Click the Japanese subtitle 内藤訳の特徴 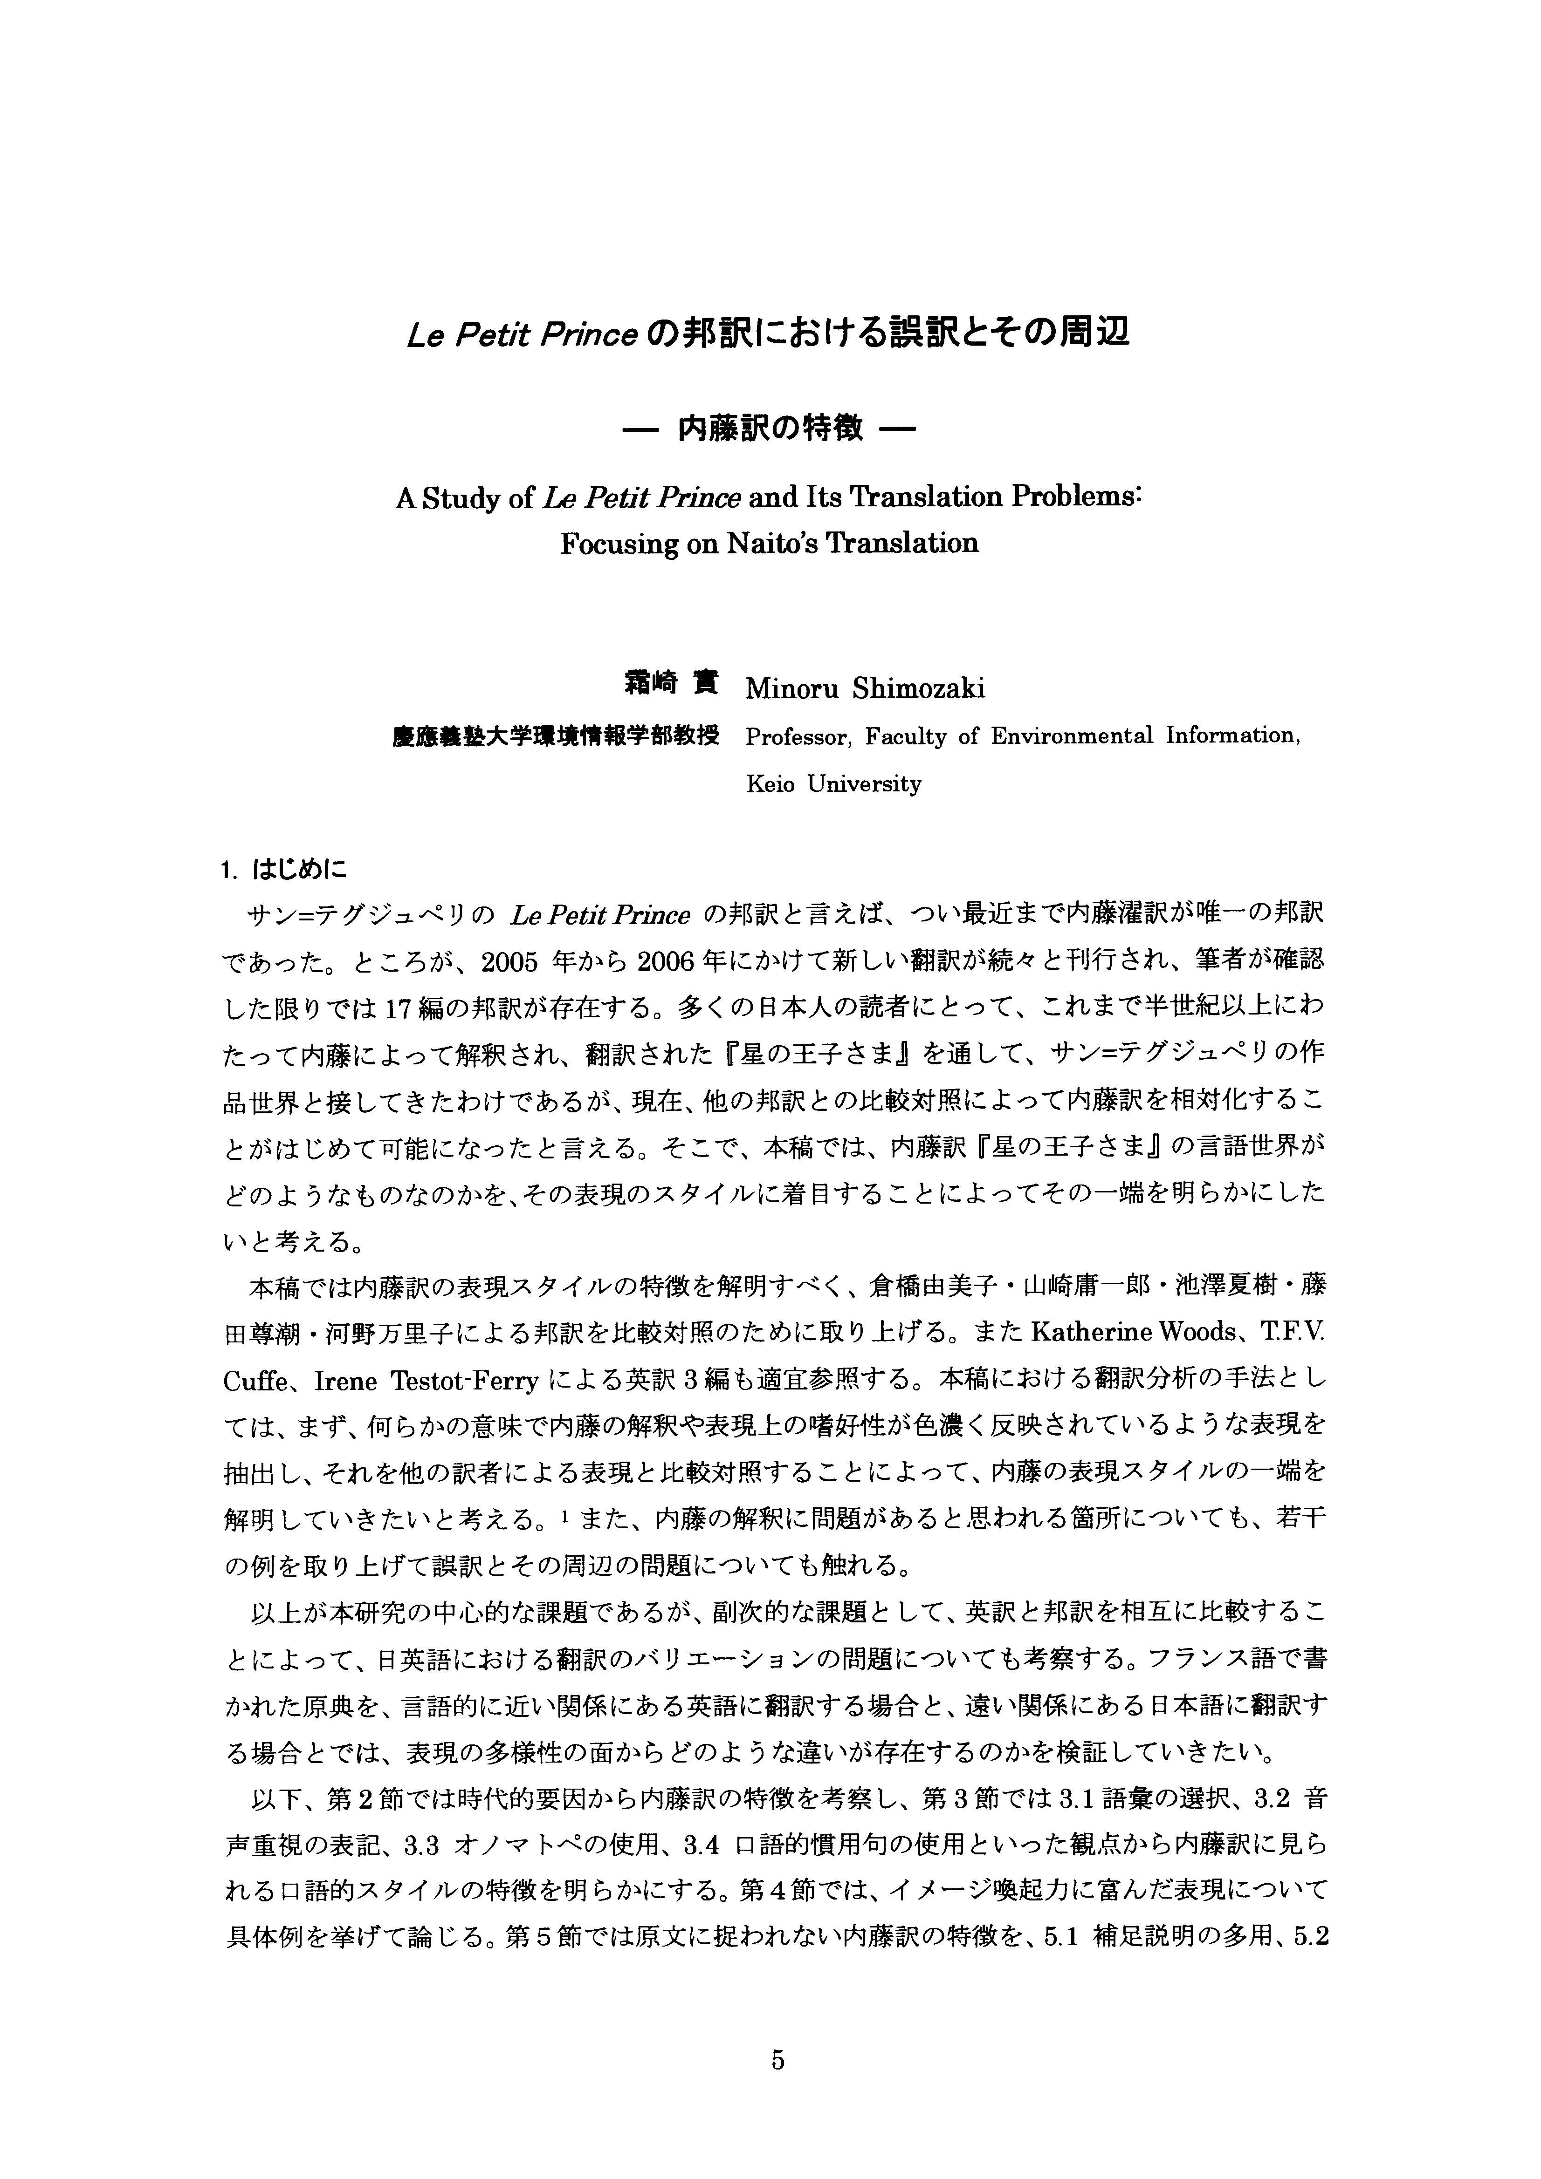click(x=769, y=429)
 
